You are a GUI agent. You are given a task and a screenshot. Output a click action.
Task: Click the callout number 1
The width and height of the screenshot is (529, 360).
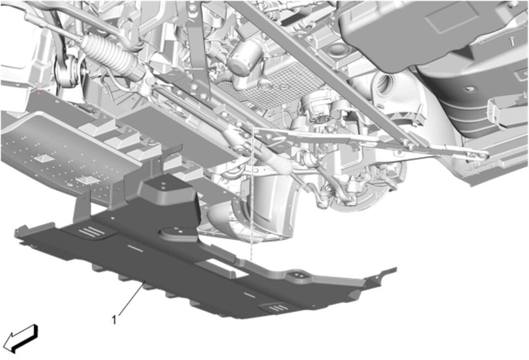[x=114, y=320]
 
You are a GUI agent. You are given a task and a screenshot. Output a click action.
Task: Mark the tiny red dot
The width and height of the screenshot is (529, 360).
[x=40, y=92]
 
